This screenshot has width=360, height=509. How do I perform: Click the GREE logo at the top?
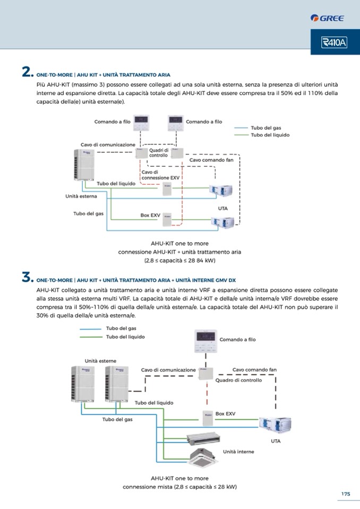tap(328, 18)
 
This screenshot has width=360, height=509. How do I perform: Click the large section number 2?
tap(28, 73)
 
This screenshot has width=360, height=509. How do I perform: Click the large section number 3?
tap(28, 277)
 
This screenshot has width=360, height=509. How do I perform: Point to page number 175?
tap(346, 494)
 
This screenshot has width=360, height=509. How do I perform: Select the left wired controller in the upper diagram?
tap(140, 123)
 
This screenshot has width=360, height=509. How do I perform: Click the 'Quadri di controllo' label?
tap(159, 153)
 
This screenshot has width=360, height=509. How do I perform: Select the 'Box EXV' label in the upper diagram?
tap(150, 215)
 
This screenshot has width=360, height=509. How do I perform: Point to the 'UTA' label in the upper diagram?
tap(222, 208)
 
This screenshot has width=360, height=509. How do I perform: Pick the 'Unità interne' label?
tap(238, 452)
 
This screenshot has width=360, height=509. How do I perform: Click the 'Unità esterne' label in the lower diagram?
tap(100, 361)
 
